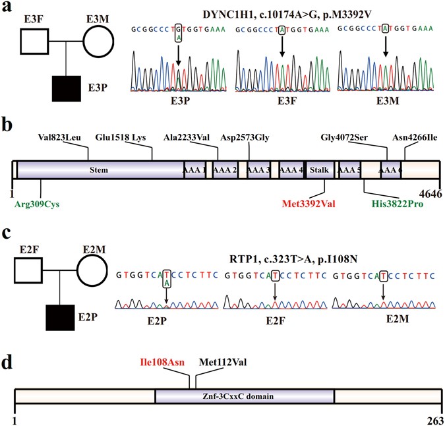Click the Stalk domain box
point(318,170)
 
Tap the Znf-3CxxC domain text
point(245,397)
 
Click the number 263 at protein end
point(432,419)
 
